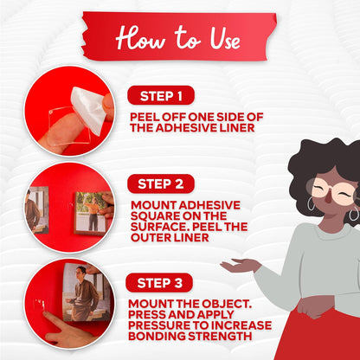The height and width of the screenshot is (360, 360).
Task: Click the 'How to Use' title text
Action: click(178, 38)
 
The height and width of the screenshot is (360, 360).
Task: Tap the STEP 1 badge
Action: click(161, 95)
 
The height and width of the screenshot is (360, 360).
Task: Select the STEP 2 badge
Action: click(161, 183)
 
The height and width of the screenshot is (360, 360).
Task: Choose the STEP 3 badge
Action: click(159, 283)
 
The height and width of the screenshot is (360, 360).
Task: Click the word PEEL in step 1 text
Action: click(145, 117)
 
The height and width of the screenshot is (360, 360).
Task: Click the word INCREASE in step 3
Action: click(241, 325)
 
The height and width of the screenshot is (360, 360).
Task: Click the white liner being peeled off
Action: click(88, 110)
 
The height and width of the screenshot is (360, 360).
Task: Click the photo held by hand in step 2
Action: click(91, 213)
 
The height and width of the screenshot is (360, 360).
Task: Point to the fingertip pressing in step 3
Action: click(46, 314)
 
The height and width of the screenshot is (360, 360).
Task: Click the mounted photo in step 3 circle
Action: click(87, 292)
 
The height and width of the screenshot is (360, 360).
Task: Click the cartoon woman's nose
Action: click(328, 198)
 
